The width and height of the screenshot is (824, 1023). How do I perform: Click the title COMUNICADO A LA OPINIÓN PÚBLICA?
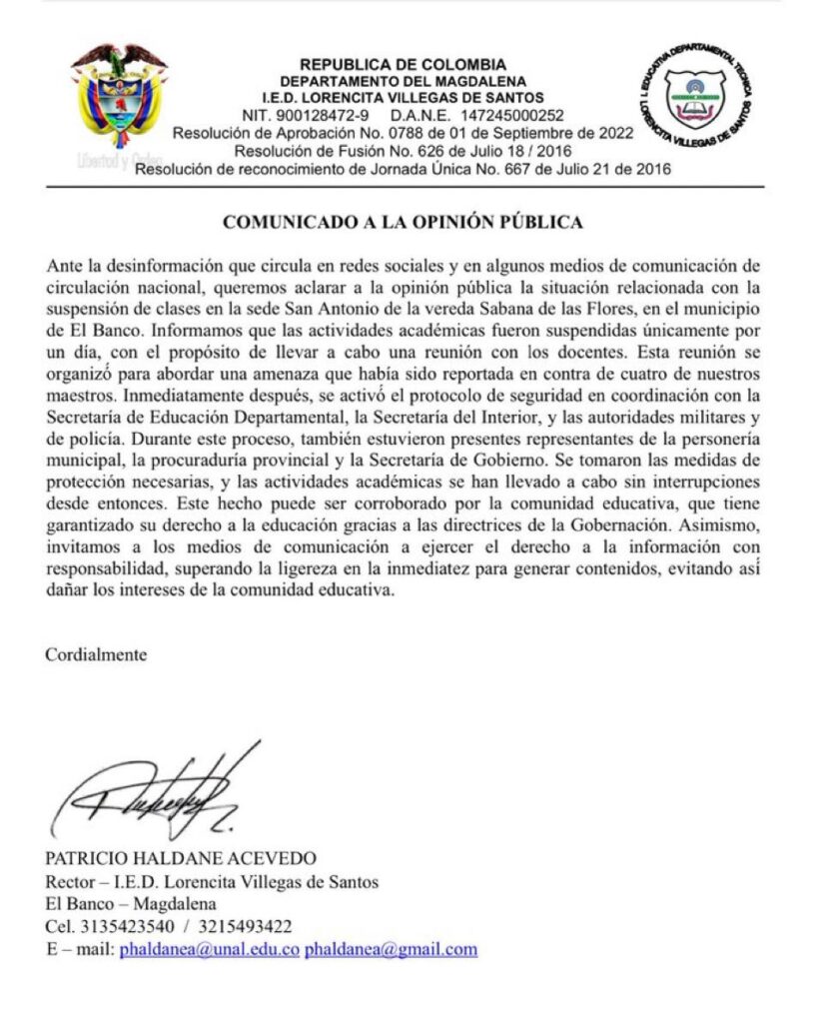(402, 222)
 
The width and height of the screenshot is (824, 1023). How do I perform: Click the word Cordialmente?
(96, 655)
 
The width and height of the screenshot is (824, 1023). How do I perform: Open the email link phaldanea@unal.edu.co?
(209, 948)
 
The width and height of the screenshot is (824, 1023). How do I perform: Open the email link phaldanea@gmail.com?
(391, 948)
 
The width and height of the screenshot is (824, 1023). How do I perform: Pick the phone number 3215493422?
(248, 925)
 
